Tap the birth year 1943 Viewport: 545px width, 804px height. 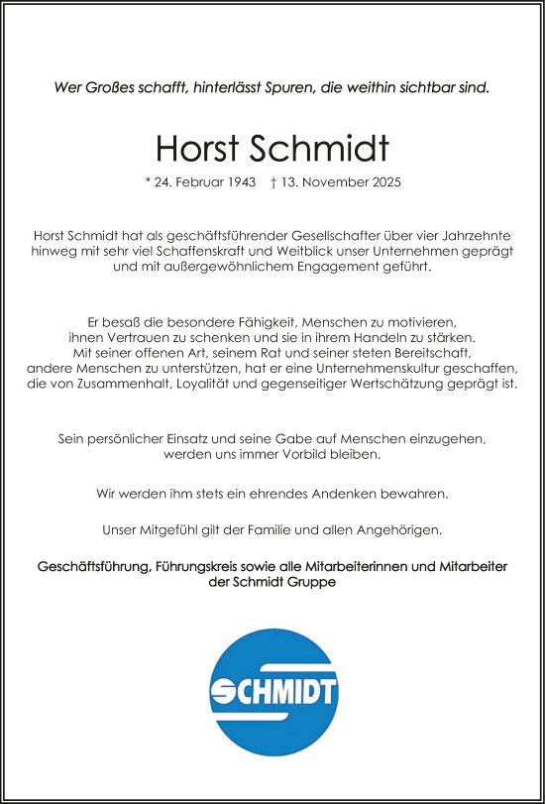point(243,183)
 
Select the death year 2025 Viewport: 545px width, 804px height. point(383,183)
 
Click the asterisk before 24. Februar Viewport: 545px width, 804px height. point(148,183)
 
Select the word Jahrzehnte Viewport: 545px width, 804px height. point(475,235)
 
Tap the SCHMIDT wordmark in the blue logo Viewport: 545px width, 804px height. point(273,691)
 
